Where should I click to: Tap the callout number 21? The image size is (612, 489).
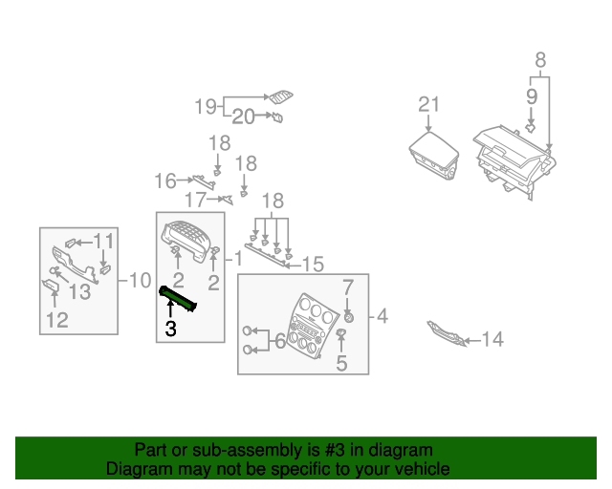[x=428, y=105]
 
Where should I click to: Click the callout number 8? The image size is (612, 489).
[x=540, y=60]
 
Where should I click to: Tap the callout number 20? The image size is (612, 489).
[x=243, y=117]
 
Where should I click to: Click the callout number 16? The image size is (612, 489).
[x=165, y=181]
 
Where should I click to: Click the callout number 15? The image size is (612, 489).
[x=314, y=264]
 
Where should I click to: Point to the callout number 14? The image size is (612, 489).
[x=492, y=339]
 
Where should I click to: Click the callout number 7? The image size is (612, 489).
[x=348, y=286]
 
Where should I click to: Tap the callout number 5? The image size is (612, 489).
[x=341, y=363]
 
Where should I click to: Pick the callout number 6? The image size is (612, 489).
[x=279, y=340]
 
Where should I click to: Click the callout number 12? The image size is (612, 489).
[x=57, y=321]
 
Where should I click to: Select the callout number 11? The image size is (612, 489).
[x=103, y=241]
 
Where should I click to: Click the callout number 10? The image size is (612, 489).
[x=140, y=281]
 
